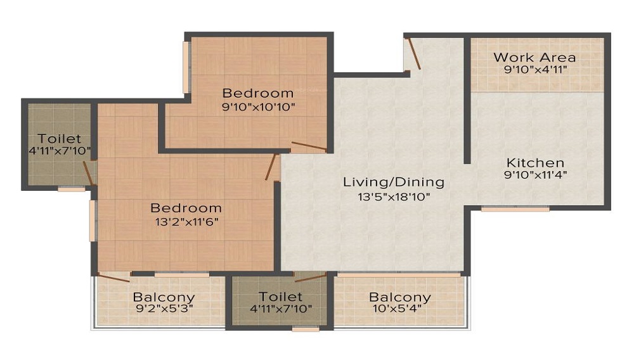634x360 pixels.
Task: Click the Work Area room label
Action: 534,58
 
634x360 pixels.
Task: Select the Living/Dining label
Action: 393,183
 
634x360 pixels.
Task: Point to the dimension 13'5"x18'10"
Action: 393,196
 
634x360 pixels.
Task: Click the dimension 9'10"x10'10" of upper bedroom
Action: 258,106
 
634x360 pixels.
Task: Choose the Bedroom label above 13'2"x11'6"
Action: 186,208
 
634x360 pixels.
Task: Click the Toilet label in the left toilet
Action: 59,138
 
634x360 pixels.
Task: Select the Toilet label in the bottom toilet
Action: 280,297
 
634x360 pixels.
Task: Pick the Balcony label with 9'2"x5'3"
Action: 164,297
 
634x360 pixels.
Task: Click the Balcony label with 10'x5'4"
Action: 400,297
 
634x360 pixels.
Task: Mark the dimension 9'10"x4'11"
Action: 534,70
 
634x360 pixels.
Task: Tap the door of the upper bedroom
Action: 309,146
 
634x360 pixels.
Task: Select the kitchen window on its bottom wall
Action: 515,209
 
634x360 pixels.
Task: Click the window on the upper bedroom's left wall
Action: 187,68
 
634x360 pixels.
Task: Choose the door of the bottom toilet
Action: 310,276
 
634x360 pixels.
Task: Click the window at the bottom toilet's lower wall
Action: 306,329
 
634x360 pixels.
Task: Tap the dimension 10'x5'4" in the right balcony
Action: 400,309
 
